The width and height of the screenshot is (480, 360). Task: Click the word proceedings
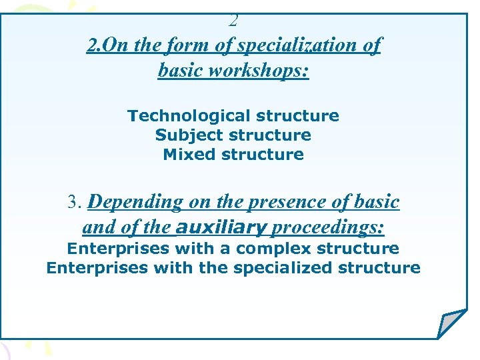click(328, 228)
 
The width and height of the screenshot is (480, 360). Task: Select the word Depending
click(136, 202)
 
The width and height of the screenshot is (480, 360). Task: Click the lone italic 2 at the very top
click(233, 21)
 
